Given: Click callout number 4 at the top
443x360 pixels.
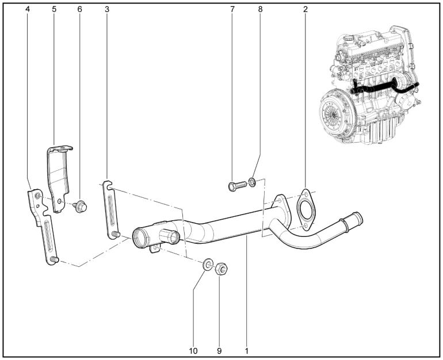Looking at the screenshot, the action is [x=28, y=9].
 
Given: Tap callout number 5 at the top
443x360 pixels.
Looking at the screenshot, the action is [x=54, y=9].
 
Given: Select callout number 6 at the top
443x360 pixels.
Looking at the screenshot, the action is [x=79, y=9].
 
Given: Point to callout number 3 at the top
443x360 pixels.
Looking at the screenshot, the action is [x=107, y=9].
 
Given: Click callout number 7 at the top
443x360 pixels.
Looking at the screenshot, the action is [x=232, y=9].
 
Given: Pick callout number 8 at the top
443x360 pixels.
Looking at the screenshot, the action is [x=260, y=9].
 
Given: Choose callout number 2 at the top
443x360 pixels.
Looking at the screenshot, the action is [x=305, y=9].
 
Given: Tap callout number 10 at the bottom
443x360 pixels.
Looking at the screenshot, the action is [x=193, y=351].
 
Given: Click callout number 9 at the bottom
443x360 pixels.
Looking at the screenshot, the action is [x=219, y=351].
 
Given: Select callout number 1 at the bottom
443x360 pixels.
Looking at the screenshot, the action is [x=247, y=351].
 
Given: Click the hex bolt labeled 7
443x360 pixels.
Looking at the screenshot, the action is [x=237, y=186].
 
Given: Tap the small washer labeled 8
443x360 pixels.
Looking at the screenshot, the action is [x=252, y=182].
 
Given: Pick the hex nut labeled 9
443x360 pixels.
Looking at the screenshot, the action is [x=221, y=269].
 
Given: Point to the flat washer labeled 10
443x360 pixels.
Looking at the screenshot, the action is [x=208, y=265].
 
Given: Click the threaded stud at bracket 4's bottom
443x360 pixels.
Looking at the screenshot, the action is [x=55, y=259].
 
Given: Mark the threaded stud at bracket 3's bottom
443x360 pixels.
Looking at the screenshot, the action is [x=116, y=234].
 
